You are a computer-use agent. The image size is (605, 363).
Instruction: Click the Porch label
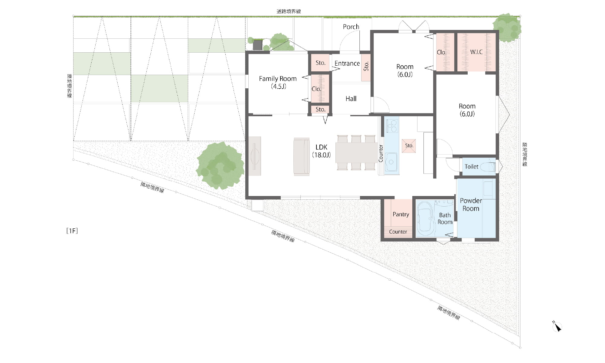[351, 27]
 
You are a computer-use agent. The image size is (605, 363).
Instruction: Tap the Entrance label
[347, 64]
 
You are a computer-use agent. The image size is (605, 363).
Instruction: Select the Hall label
[351, 99]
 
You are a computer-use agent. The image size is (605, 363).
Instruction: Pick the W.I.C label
[476, 52]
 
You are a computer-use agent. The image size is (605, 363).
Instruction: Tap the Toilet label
[472, 167]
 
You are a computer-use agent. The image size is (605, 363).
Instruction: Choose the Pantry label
[401, 214]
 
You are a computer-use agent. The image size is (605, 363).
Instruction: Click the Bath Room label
[445, 218]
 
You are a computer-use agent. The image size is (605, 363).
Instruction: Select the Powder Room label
[471, 204]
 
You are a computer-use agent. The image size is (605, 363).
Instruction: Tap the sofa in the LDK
[302, 157]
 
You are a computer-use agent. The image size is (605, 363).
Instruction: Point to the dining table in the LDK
[356, 152]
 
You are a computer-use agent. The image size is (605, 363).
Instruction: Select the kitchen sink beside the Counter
[391, 162]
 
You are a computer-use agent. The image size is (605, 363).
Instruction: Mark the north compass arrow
[557, 327]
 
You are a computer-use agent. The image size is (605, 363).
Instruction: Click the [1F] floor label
[72, 231]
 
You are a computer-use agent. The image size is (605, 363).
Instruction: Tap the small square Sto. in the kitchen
[409, 146]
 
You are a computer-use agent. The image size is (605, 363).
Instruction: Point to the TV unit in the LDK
[255, 156]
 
